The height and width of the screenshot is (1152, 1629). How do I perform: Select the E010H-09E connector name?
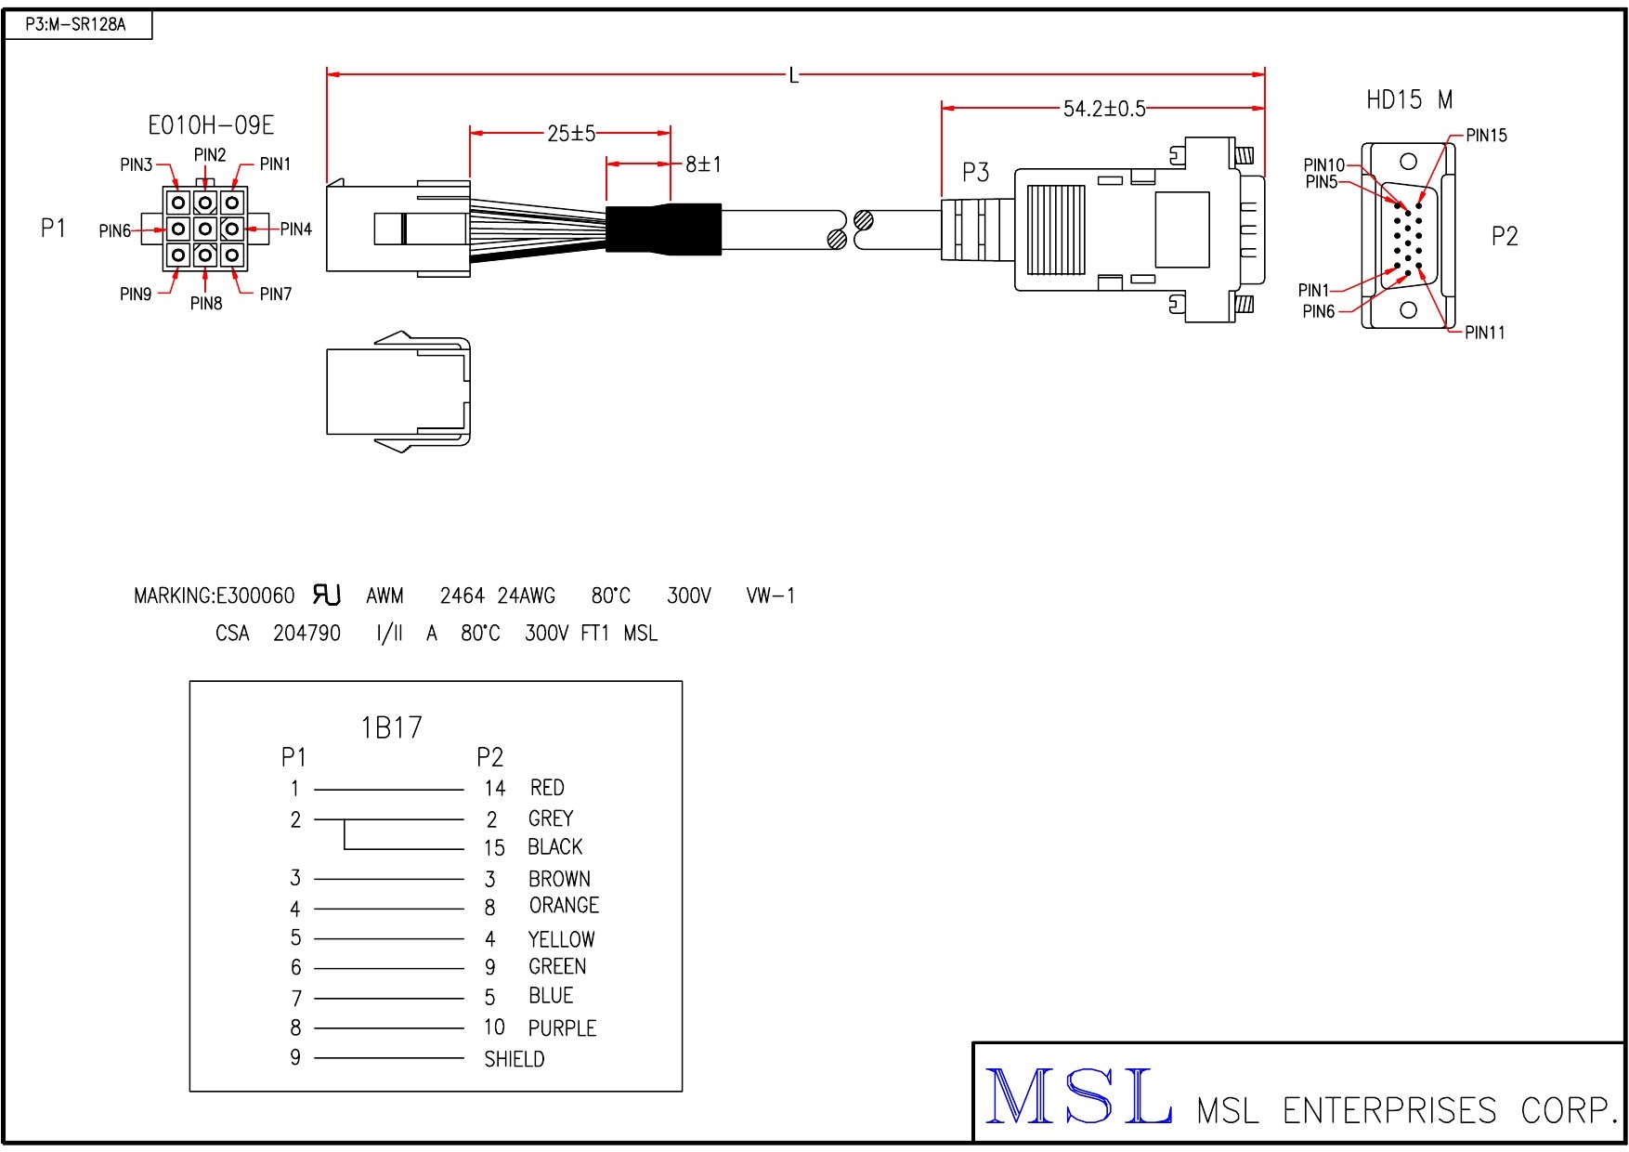pyautogui.click(x=211, y=125)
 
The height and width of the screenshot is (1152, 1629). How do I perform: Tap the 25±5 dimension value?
pyautogui.click(x=570, y=134)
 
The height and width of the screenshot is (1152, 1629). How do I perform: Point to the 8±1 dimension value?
pyautogui.click(x=703, y=164)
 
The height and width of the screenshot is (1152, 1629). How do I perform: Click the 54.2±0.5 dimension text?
pyautogui.click(x=1103, y=109)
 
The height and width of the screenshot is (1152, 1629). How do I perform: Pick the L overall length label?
pyautogui.click(x=793, y=75)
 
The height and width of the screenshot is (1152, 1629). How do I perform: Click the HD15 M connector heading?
pyautogui.click(x=1408, y=100)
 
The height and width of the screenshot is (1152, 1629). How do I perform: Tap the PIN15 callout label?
pyautogui.click(x=1486, y=136)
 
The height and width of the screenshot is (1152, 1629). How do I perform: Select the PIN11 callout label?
pyautogui.click(x=1484, y=333)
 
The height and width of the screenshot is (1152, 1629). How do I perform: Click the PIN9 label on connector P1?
pyautogui.click(x=136, y=295)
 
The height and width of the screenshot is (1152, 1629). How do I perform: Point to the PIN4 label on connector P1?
pyautogui.click(x=296, y=229)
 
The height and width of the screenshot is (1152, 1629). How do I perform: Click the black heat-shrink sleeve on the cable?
pyautogui.click(x=663, y=229)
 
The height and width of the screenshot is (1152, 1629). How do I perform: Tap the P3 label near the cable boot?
pyautogui.click(x=975, y=173)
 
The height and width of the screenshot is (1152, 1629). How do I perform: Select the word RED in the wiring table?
pyautogui.click(x=547, y=788)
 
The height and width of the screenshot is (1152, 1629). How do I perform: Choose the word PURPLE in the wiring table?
pyautogui.click(x=562, y=1028)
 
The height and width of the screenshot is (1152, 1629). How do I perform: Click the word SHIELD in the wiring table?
pyautogui.click(x=514, y=1059)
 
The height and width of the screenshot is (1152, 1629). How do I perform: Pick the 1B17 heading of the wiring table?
pyautogui.click(x=391, y=727)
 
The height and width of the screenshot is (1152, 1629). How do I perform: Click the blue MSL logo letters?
pyautogui.click(x=1077, y=1098)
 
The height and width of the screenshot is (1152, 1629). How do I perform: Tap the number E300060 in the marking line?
pyautogui.click(x=255, y=596)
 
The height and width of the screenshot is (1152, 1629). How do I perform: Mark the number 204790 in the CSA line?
pyautogui.click(x=306, y=634)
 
